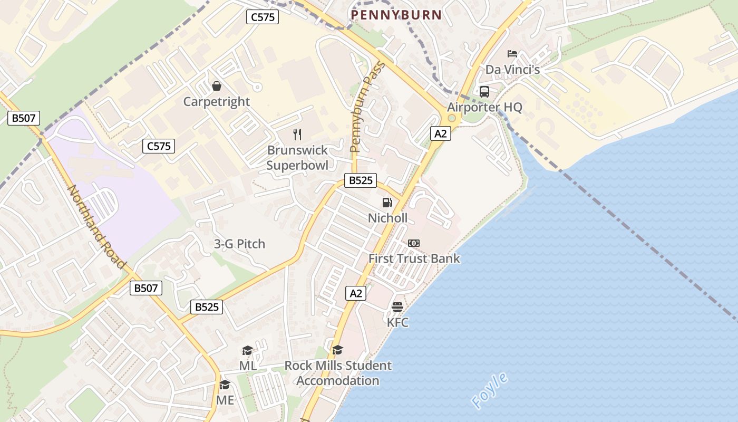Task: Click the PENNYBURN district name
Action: pos(396,15)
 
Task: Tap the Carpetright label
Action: pos(217,101)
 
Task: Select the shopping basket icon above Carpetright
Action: pos(216,86)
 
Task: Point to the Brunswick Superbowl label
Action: pos(297,158)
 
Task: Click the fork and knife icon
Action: pos(297,135)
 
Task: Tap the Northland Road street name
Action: pos(98,227)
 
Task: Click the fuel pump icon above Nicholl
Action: pos(387,203)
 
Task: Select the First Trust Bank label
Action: pos(414,258)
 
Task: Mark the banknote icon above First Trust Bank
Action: pos(414,243)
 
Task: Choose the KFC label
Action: pos(397,322)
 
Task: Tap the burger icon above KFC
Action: pos(397,307)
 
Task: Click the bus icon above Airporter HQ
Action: pos(484,92)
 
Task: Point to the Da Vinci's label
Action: pos(512,70)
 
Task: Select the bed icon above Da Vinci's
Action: pos(512,54)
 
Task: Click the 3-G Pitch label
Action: pos(239,244)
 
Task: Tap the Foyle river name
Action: pos(490,391)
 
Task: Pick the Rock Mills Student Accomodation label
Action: pos(338,373)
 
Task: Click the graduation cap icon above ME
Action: pos(225,385)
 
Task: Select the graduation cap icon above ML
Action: pos(247,351)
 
